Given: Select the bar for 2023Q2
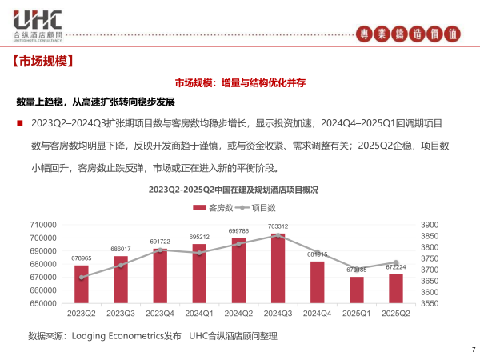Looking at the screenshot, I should (82, 284).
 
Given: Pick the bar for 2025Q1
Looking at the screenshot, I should (356, 290).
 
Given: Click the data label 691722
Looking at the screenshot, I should (160, 242).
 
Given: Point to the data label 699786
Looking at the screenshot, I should (238, 231).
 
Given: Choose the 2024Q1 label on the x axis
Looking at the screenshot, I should (199, 314).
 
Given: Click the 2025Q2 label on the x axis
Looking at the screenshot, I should (395, 314).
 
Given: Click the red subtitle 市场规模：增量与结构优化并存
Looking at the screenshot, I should (241, 82).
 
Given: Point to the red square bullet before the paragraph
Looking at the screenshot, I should (19, 123).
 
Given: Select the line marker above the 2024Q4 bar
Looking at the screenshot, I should (317, 253).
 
